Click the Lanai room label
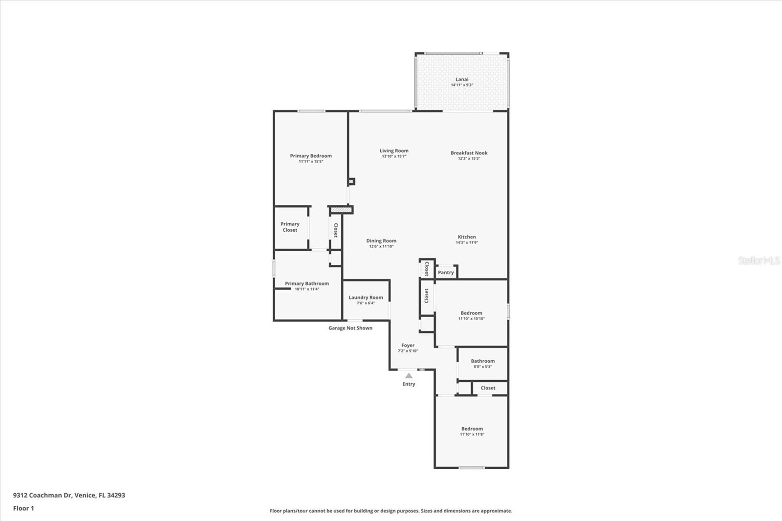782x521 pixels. click(x=462, y=79)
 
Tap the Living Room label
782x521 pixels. click(x=394, y=151)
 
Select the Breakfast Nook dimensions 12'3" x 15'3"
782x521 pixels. click(x=469, y=158)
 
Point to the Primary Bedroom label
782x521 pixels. click(x=311, y=156)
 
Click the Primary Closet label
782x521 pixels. click(x=290, y=227)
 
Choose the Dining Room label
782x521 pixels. click(x=381, y=240)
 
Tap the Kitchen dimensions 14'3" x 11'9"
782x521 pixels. click(x=467, y=243)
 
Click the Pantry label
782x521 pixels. click(x=446, y=272)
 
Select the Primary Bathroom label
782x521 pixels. click(x=307, y=283)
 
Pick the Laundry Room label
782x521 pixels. click(x=366, y=298)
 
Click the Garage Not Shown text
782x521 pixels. click(x=350, y=328)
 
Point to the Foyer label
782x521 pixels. click(x=408, y=346)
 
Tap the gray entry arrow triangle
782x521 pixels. click(x=409, y=376)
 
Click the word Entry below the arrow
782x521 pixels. click(x=409, y=384)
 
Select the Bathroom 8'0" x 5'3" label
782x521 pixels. click(x=483, y=364)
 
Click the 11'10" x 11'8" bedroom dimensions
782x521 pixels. click(x=472, y=434)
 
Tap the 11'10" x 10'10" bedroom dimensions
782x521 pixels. click(x=471, y=319)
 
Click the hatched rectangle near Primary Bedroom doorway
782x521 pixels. click(x=341, y=210)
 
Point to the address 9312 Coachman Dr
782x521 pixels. click(x=42, y=495)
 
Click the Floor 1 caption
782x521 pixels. click(x=23, y=508)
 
